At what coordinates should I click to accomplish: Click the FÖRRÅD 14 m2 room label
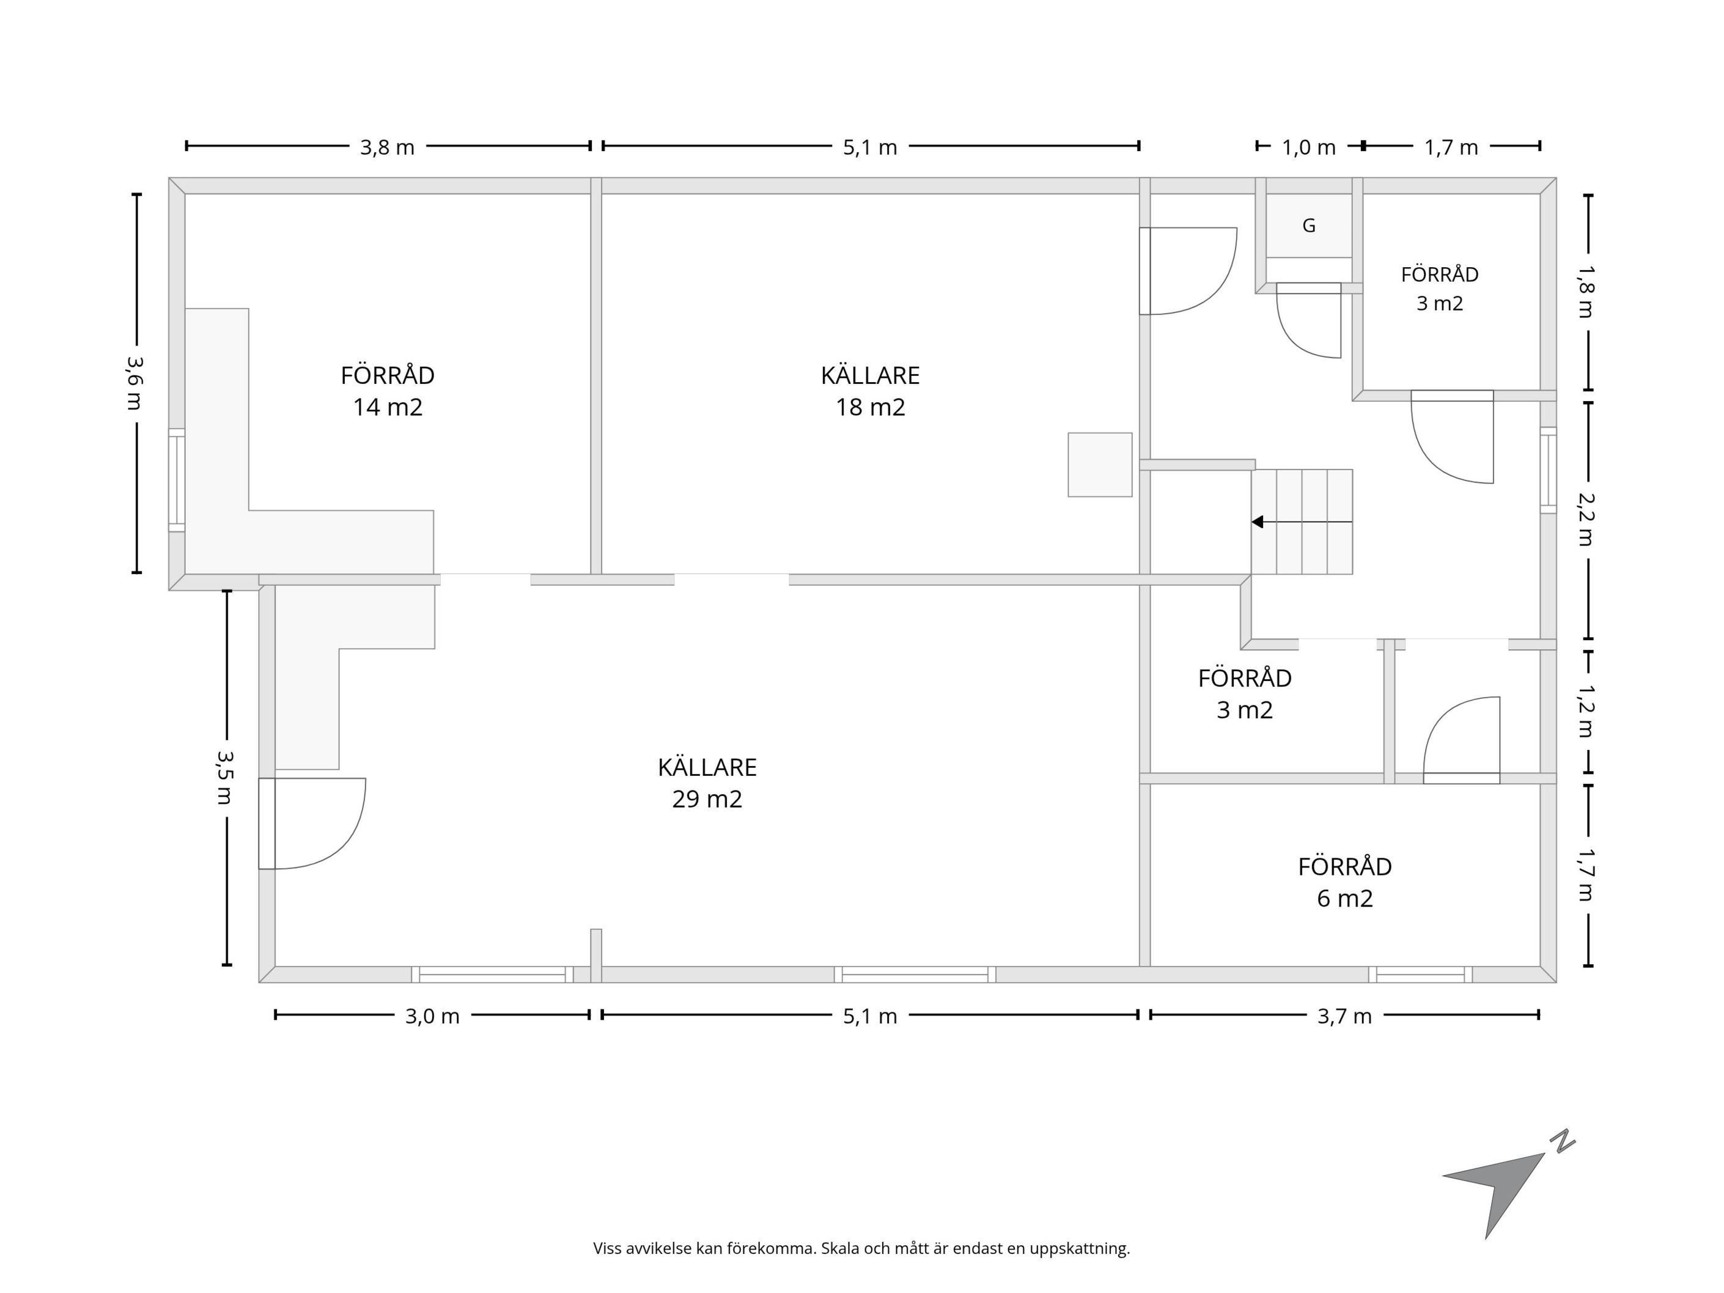pyautogui.click(x=388, y=391)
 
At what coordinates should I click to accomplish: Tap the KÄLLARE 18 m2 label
pyautogui.click(x=870, y=391)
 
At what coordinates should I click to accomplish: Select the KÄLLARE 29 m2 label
pyautogui.click(x=707, y=783)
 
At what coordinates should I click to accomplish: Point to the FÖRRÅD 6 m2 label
pyautogui.click(x=1344, y=882)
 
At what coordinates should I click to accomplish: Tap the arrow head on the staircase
pyautogui.click(x=1257, y=521)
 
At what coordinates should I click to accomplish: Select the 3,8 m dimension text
pyautogui.click(x=388, y=147)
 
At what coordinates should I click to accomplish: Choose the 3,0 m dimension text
pyautogui.click(x=433, y=1016)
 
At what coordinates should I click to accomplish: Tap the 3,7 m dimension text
pyautogui.click(x=1344, y=1016)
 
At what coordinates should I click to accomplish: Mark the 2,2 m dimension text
pyautogui.click(x=1586, y=519)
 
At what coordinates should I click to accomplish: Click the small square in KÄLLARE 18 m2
pyautogui.click(x=1100, y=465)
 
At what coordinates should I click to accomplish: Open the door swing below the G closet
pyautogui.click(x=1308, y=320)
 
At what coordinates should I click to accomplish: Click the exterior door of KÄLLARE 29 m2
pyautogui.click(x=312, y=823)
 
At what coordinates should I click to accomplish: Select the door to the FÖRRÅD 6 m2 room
pyautogui.click(x=1461, y=740)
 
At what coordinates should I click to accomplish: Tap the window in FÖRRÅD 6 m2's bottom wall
pyautogui.click(x=1420, y=974)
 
